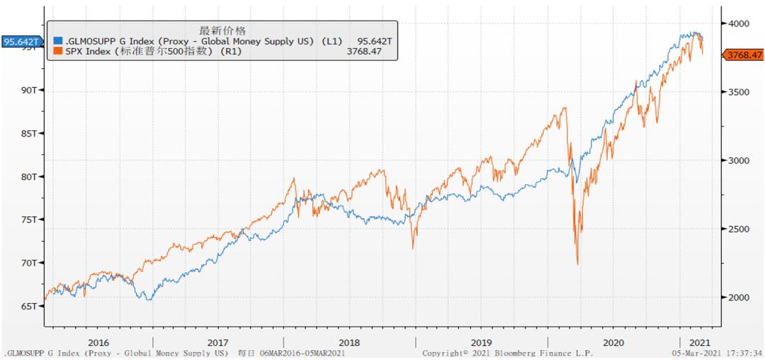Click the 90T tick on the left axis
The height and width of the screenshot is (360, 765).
point(30,90)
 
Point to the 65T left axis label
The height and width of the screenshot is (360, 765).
point(30,306)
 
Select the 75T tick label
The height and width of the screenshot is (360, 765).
point(30,220)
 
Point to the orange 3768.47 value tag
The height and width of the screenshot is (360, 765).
point(742,55)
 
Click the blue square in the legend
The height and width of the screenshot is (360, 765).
point(58,41)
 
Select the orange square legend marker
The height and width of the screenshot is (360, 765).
point(58,51)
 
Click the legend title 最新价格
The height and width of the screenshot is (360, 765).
point(222,30)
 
